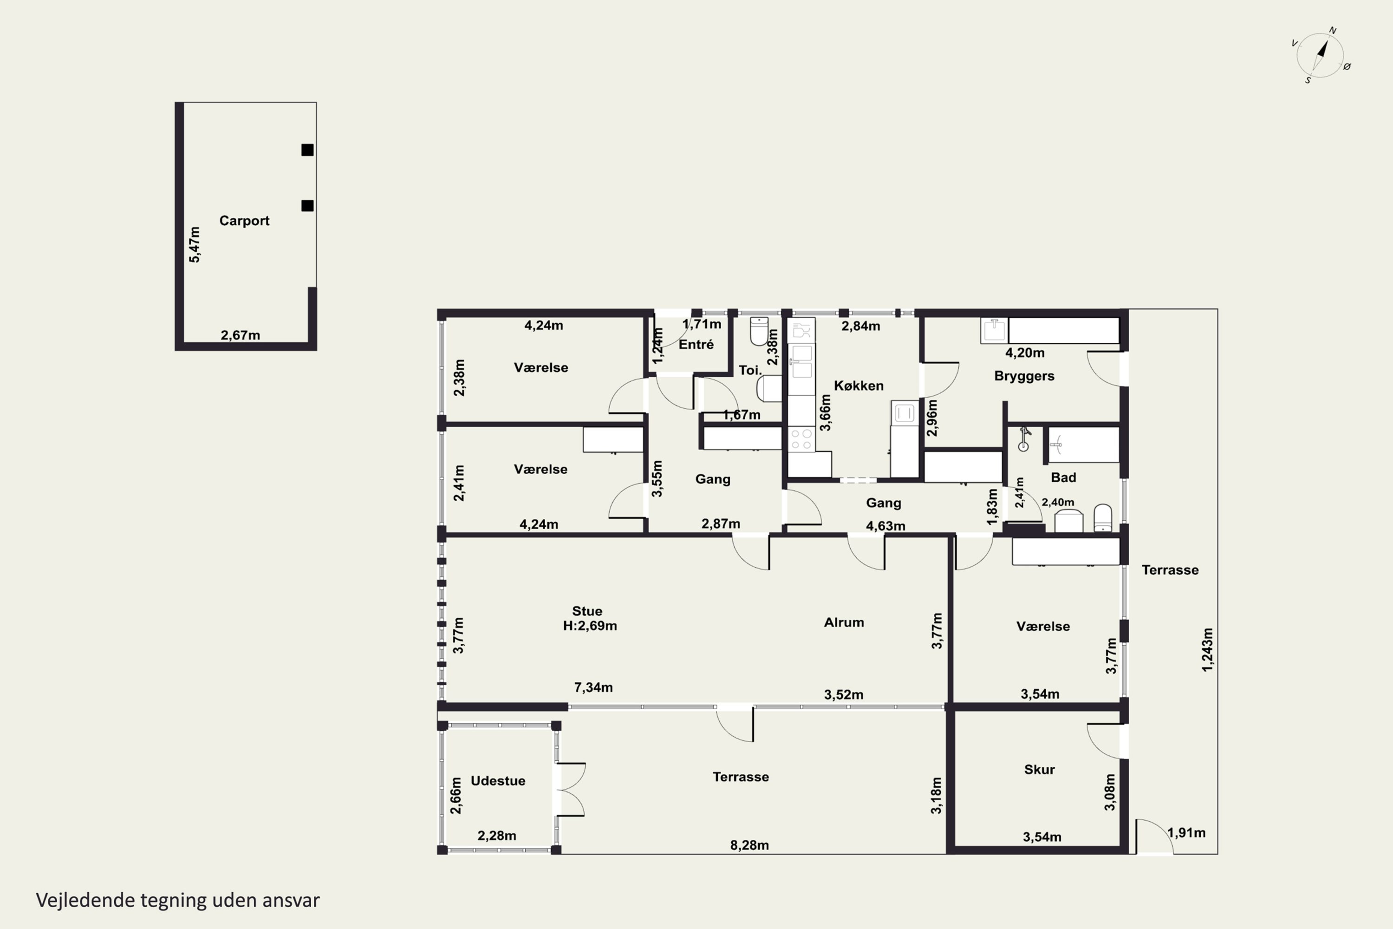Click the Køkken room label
point(859,386)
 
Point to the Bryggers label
point(1024,376)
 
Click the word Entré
point(696,344)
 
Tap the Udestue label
point(497,781)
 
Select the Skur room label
point(1040,770)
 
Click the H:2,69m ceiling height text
point(590,626)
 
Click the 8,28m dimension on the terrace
point(749,845)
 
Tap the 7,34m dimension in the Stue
point(593,687)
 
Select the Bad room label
point(1063,478)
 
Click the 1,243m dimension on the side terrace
point(1207,650)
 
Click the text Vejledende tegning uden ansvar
point(178,901)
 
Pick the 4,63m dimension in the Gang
point(885,526)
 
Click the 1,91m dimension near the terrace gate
point(1186,832)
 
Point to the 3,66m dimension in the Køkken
point(825,413)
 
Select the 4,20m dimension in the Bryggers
point(1025,353)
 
